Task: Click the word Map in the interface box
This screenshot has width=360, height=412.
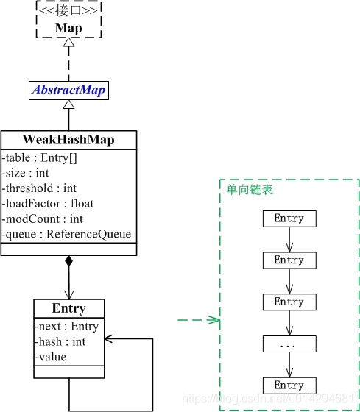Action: pyautogui.click(x=68, y=28)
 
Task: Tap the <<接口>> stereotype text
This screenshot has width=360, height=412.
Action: pyautogui.click(x=68, y=12)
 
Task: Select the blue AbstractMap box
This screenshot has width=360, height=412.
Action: pyautogui.click(x=68, y=90)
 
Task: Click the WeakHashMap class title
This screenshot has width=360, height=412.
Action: pyautogui.click(x=68, y=140)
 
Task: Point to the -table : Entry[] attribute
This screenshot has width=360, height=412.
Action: pyautogui.click(x=41, y=157)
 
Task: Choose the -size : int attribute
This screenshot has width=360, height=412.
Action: pyautogui.click(x=27, y=172)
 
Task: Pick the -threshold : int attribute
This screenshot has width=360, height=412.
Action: pyautogui.click(x=40, y=188)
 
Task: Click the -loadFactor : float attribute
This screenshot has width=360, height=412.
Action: pyautogui.click(x=49, y=203)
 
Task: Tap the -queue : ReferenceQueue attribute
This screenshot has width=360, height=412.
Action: pyautogui.click(x=67, y=234)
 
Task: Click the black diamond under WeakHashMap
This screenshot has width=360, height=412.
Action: pyautogui.click(x=68, y=261)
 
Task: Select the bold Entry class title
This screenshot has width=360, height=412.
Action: pyautogui.click(x=68, y=308)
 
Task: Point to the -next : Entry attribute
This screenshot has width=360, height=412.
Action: pyautogui.click(x=67, y=326)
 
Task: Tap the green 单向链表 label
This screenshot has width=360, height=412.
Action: pyautogui.click(x=250, y=190)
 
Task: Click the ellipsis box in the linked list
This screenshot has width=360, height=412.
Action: pyautogui.click(x=289, y=344)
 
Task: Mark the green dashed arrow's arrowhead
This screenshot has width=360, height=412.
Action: pyautogui.click(x=215, y=320)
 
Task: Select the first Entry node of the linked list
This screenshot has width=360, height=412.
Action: pyautogui.click(x=289, y=219)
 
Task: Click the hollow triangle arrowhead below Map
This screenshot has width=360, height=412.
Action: pyautogui.click(x=68, y=43)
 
